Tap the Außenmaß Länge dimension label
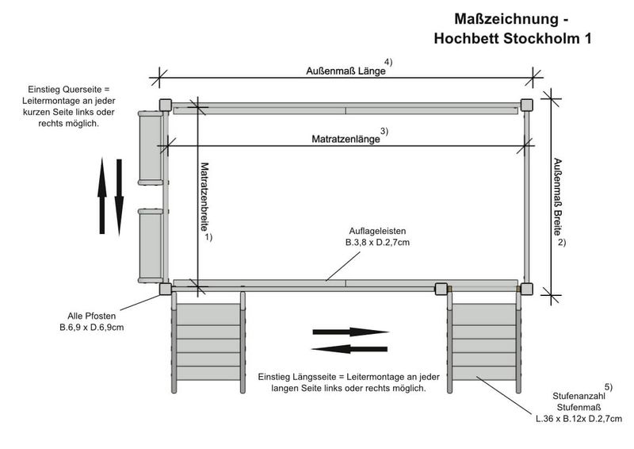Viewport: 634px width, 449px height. coord(346,71)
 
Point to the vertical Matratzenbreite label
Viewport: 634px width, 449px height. coord(204,197)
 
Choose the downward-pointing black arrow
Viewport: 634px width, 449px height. coord(120,196)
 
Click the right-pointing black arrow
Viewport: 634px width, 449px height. coord(349,332)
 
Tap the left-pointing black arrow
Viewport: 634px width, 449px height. coord(349,349)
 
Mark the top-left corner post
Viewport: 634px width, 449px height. coord(165,105)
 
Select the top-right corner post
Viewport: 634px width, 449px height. coord(526,105)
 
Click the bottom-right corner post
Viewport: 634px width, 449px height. coord(526,289)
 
